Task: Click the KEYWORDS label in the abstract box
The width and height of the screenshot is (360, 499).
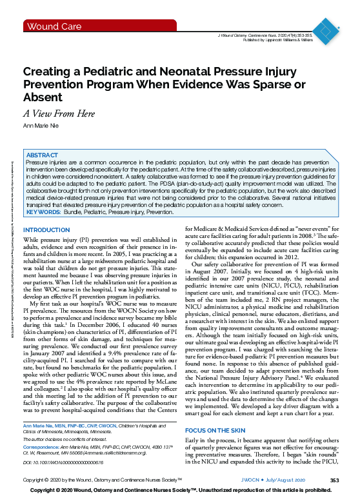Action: (x=43, y=211)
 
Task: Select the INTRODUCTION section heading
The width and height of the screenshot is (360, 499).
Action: (x=46, y=231)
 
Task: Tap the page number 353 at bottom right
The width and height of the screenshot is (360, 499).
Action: (x=334, y=480)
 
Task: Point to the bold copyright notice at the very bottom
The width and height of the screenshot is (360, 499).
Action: (x=180, y=491)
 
